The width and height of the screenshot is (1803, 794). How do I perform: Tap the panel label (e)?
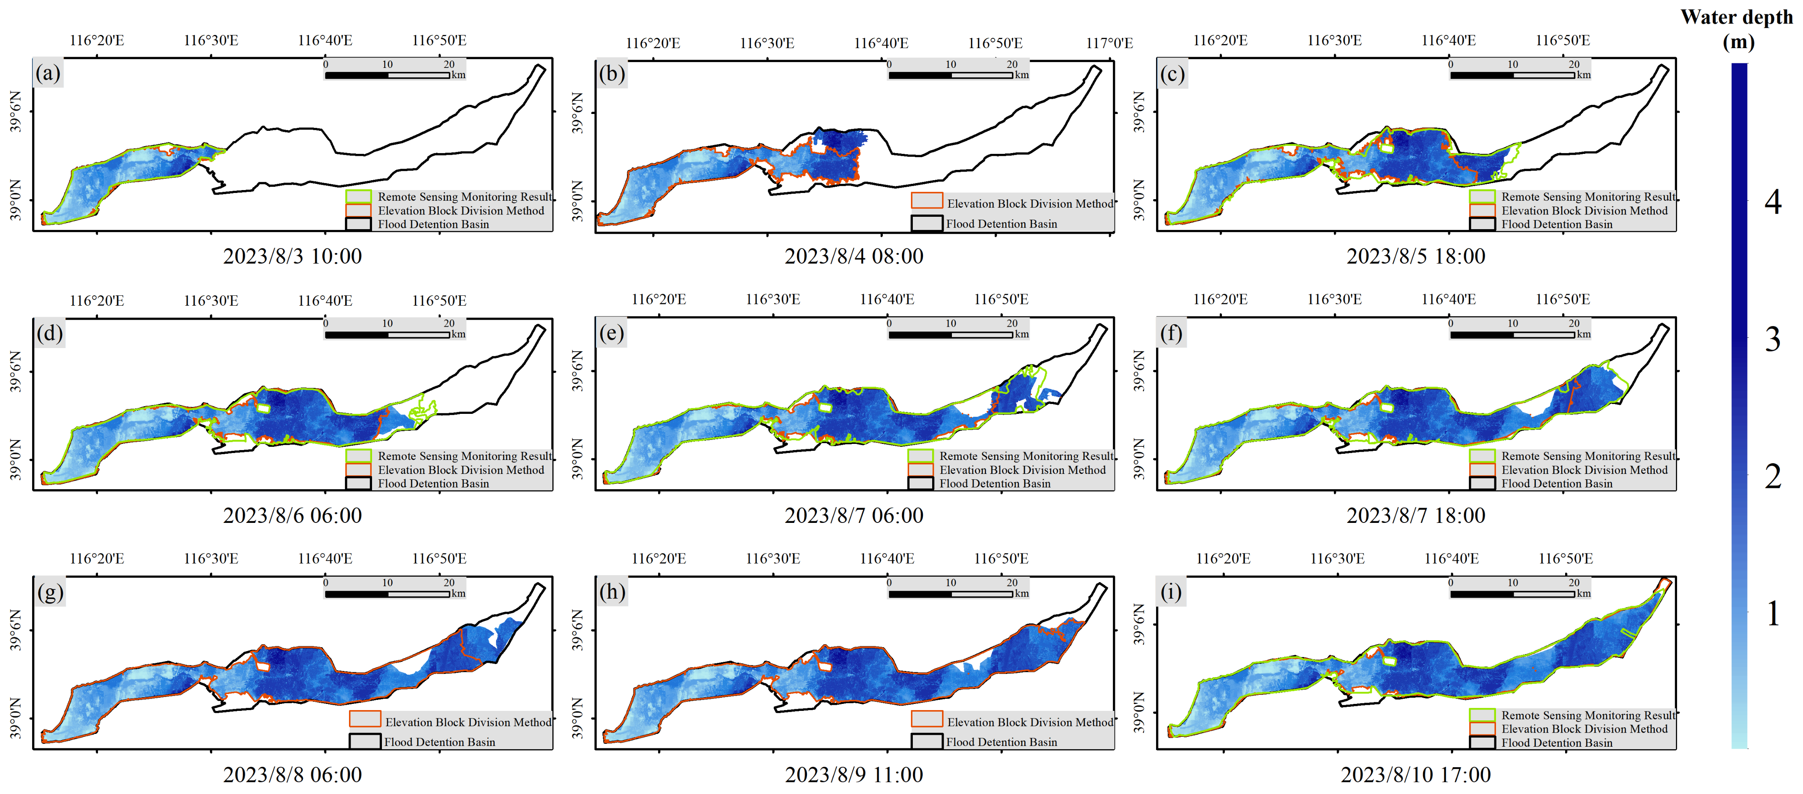[x=611, y=333]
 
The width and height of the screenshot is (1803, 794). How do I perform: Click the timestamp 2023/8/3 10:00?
[x=293, y=256]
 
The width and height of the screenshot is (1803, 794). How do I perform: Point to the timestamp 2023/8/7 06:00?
[x=854, y=515]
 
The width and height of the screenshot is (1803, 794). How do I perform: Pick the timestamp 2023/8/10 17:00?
[x=1415, y=774]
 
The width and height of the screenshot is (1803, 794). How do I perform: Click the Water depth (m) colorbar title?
[x=1737, y=29]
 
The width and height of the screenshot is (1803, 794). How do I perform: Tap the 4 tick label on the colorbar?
[x=1772, y=202]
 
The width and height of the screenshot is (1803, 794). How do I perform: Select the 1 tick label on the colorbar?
[x=1772, y=613]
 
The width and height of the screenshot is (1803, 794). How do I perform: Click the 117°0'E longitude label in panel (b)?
[x=1110, y=43]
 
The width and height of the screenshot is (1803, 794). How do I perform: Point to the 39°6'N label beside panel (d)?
[x=15, y=371]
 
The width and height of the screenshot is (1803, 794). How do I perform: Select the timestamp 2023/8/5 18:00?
[x=1416, y=256]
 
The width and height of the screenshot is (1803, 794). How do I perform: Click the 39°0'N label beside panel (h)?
[x=577, y=718]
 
